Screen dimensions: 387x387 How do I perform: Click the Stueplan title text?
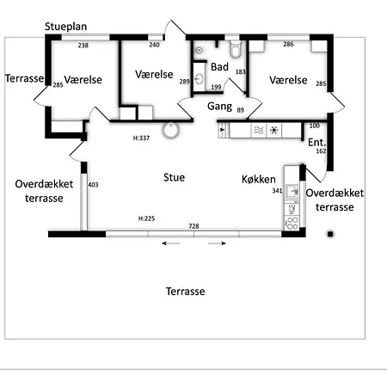(x=65, y=27)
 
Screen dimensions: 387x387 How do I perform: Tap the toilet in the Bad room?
(x=236, y=49)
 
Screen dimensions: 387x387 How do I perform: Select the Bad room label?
(x=219, y=67)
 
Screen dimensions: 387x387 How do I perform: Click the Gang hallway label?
(x=219, y=107)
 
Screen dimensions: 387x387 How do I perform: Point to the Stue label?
(x=174, y=177)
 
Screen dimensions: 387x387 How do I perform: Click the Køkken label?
(x=259, y=180)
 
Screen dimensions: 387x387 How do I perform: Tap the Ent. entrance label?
(x=316, y=142)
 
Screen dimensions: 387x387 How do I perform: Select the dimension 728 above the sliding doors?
(x=193, y=226)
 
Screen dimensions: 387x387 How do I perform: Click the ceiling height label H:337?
(x=141, y=138)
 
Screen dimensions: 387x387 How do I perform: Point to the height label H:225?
(x=146, y=218)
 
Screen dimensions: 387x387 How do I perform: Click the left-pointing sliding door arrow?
(x=171, y=243)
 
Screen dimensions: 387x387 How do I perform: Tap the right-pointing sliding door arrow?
(x=217, y=243)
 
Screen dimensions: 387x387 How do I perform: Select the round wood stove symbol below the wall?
(x=170, y=130)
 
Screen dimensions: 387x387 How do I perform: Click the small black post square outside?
(x=330, y=234)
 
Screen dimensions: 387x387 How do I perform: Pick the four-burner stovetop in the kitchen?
(x=292, y=224)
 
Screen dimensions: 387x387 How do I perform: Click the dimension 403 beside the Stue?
(x=93, y=185)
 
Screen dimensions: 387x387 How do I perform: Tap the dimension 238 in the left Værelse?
(x=83, y=46)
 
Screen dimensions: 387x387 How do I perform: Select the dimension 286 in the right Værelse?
(x=288, y=44)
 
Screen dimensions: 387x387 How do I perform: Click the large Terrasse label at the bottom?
(x=186, y=292)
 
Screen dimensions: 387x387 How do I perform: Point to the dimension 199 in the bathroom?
(x=216, y=87)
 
